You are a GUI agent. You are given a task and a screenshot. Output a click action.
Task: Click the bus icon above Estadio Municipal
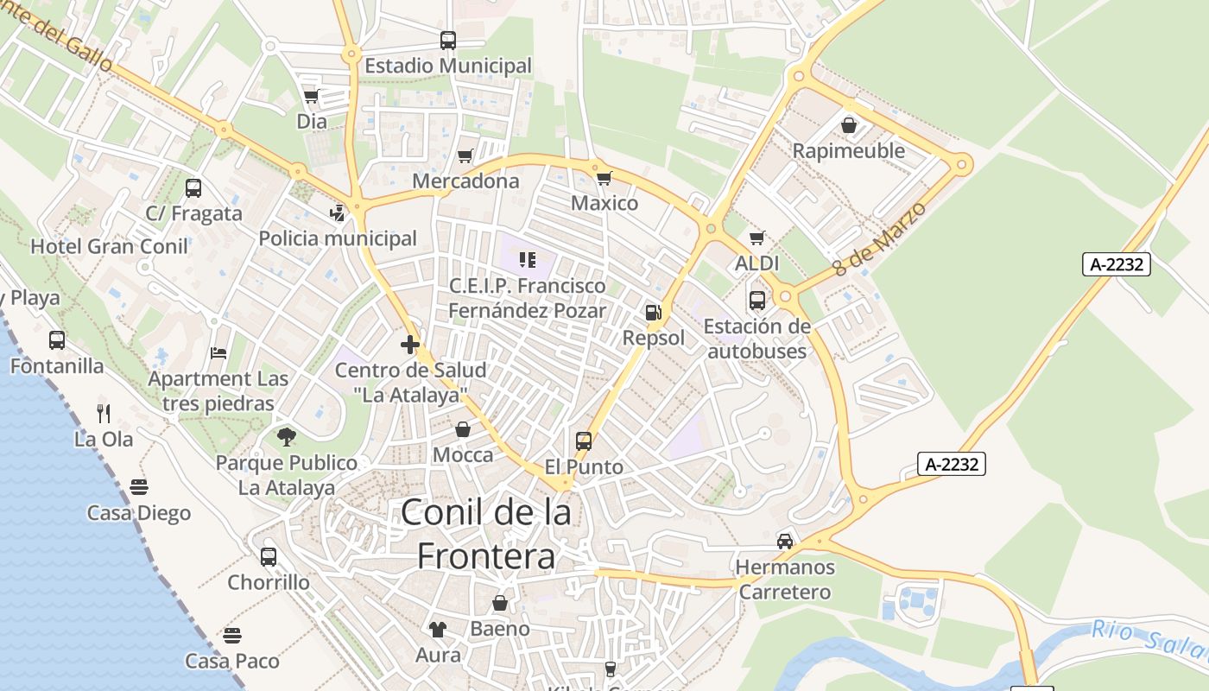[x=447, y=40]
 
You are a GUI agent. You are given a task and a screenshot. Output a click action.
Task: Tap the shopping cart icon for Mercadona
[x=465, y=155]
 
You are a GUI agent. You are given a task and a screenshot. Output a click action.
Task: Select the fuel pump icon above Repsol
[x=654, y=312]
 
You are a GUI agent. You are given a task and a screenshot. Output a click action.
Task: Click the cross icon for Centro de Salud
[x=410, y=345]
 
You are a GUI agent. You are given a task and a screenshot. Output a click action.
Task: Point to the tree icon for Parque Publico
[x=287, y=437]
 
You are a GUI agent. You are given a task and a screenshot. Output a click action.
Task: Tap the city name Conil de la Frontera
[x=486, y=535]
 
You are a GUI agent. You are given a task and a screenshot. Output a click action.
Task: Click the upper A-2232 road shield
[x=1117, y=264]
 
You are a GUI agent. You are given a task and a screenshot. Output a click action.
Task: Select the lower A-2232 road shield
[x=952, y=464]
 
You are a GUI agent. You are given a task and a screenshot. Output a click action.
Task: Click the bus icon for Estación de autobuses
[x=757, y=300]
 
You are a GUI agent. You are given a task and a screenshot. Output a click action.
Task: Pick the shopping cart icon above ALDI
[x=757, y=238]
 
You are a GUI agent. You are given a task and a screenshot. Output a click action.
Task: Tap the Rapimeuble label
[x=849, y=151]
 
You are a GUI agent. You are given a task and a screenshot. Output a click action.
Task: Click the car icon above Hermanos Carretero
[x=784, y=541]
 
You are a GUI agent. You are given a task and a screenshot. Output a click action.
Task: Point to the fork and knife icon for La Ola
[x=104, y=413]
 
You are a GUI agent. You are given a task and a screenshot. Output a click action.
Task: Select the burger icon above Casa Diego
[x=139, y=487]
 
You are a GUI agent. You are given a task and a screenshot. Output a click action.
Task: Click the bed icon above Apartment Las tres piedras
[x=218, y=353]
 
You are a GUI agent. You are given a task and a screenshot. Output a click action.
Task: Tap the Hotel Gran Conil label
[x=109, y=246]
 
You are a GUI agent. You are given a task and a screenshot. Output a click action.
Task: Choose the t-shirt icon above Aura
[x=438, y=629]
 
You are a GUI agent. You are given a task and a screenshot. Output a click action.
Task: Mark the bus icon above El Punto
[x=584, y=441]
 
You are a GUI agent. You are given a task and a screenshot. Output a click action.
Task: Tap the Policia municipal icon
[x=338, y=212]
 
